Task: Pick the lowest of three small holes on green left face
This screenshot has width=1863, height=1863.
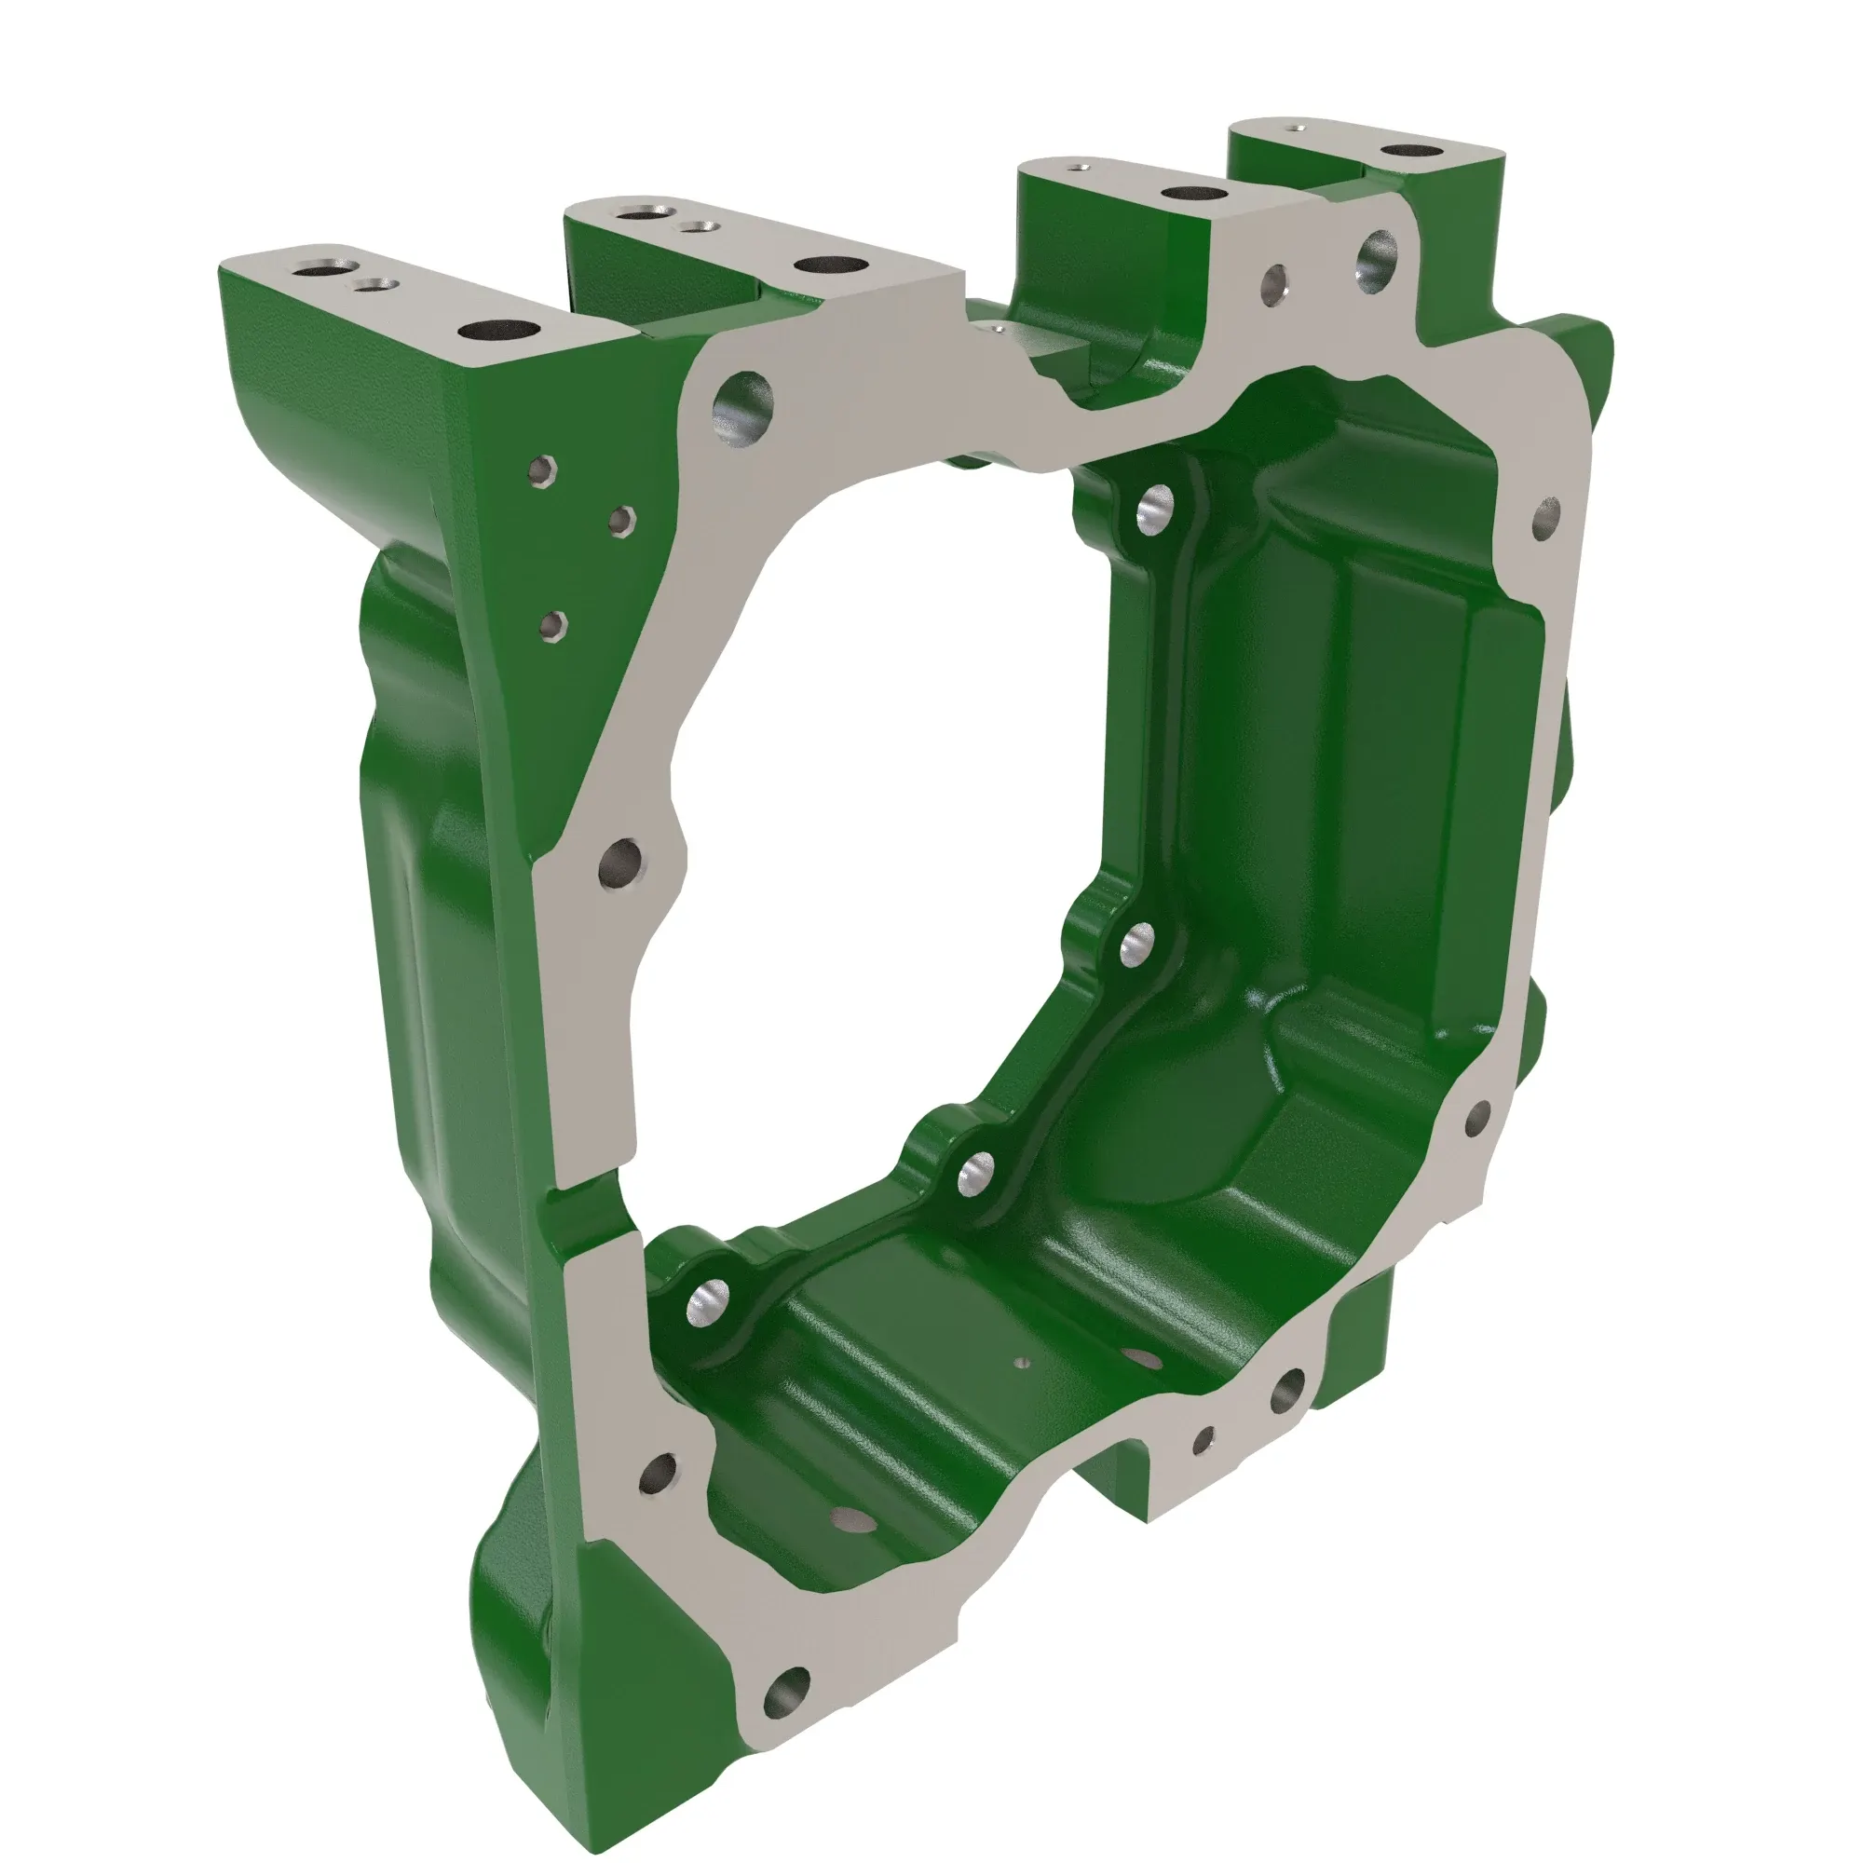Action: [x=552, y=627]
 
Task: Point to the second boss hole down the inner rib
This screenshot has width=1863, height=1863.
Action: [x=1140, y=942]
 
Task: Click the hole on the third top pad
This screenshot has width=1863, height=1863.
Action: [x=1195, y=192]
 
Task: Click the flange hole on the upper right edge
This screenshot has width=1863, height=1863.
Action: [x=1545, y=517]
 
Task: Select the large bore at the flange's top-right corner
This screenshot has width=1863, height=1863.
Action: [x=1380, y=252]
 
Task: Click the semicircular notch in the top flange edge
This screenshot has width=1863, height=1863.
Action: [x=1143, y=366]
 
